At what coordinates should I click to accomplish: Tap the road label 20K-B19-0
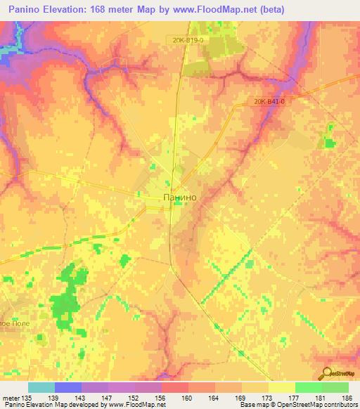(x=186, y=41)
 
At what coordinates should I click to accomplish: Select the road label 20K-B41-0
(x=271, y=101)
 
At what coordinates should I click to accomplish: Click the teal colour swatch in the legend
(x=41, y=387)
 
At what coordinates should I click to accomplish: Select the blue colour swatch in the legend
(x=68, y=387)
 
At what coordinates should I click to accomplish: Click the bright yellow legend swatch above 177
(x=282, y=387)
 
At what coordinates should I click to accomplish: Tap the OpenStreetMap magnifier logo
(x=325, y=373)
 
